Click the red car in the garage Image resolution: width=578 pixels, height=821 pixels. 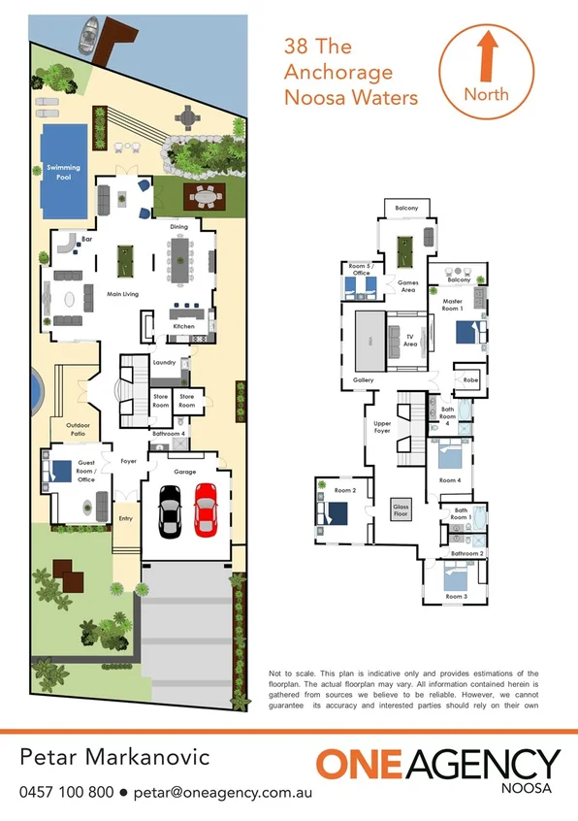207,509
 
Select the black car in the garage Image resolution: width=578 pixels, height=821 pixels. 170,509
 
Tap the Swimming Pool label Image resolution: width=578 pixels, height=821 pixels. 64,172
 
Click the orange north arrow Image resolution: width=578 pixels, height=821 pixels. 487,54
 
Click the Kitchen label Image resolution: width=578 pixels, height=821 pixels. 184,327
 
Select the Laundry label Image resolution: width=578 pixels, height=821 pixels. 164,362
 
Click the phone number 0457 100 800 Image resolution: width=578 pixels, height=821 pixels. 67,791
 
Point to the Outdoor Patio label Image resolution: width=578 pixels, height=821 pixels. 80,430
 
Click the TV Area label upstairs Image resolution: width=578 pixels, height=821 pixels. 410,341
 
